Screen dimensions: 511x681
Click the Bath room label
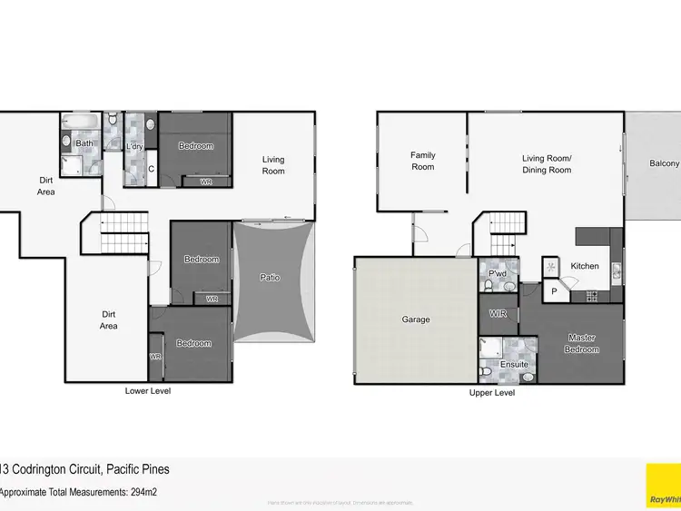pos(84,143)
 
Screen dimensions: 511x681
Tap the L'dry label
pos(134,146)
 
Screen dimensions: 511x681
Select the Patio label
pos(270,278)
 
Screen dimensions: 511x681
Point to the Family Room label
pos(422,161)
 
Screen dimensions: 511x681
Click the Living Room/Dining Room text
pos(547,164)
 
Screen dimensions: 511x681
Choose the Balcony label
pos(664,163)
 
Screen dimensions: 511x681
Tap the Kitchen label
pos(585,266)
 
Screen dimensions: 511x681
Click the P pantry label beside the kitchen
pos(552,292)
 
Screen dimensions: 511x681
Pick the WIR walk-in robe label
pos(497,313)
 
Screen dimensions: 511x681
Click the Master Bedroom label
pos(581,343)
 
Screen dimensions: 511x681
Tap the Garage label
pos(415,319)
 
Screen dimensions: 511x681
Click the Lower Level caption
pos(147,391)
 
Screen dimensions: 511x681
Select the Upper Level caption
pos(492,393)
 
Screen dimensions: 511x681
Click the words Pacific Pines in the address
pos(137,469)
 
